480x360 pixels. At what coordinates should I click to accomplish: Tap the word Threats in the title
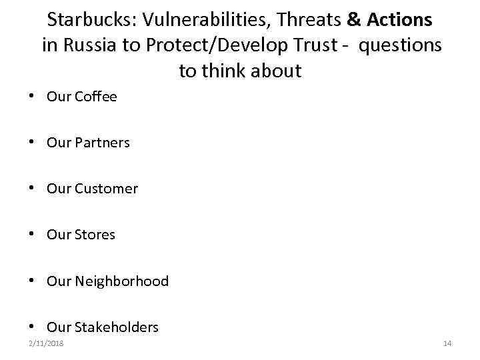[309, 21]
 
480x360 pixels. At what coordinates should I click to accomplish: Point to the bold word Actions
[399, 21]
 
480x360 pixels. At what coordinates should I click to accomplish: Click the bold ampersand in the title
[354, 21]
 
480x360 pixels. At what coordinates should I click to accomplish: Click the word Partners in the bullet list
[102, 143]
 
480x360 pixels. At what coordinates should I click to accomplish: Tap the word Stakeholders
[117, 327]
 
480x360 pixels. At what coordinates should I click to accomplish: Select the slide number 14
[447, 343]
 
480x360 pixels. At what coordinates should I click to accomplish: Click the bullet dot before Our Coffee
[32, 97]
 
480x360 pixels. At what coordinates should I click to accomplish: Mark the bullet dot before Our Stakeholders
[32, 327]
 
